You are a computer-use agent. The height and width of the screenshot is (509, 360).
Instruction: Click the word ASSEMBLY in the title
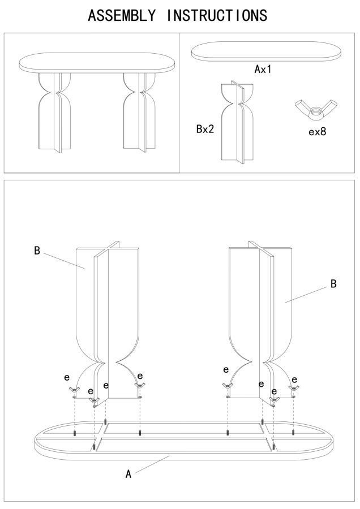122,15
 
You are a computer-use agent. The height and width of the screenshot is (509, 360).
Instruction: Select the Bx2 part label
205,129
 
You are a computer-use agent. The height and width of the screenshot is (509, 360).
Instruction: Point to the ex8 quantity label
317,132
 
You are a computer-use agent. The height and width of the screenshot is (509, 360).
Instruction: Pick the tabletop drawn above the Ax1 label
267,52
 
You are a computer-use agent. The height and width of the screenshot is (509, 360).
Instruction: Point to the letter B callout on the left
37,251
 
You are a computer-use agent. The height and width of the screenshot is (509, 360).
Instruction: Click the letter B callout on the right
333,284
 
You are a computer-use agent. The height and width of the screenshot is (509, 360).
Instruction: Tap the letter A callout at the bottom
128,474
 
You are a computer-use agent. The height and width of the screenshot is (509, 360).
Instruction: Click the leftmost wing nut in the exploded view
74,391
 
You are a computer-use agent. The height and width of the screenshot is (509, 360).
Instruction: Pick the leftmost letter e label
67,376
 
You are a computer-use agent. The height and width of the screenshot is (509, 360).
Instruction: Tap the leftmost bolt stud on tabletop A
75,433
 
